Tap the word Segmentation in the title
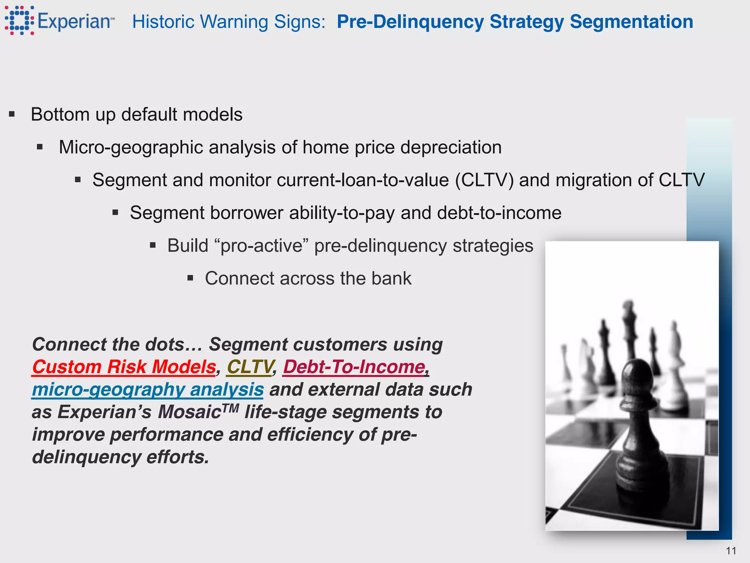coord(631,22)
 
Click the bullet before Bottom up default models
coord(12,115)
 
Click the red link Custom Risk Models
coord(124,367)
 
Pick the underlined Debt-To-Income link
coord(354,367)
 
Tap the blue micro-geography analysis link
coord(148,389)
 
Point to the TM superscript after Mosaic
coord(230,408)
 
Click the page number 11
coord(731,551)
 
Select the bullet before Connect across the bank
coord(190,278)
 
